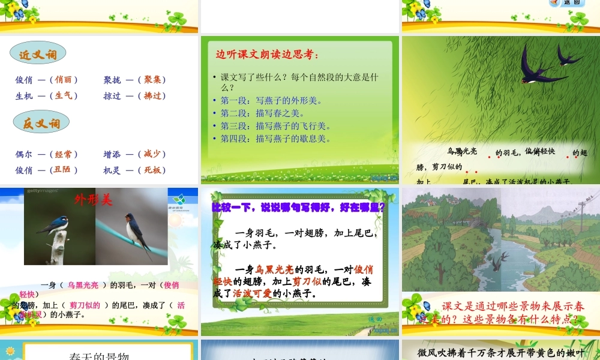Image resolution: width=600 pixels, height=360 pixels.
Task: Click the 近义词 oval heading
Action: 38,55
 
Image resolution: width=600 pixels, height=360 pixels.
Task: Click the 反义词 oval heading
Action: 41,124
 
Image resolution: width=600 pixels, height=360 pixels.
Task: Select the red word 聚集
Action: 152,80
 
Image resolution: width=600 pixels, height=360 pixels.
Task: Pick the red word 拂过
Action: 152,95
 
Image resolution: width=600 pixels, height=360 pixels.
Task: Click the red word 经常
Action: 63,154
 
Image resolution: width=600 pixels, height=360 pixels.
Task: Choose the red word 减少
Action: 152,154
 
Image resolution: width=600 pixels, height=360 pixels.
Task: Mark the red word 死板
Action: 152,170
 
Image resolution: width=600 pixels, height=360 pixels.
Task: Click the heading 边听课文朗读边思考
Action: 267,55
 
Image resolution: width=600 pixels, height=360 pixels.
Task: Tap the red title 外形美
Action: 93,200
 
